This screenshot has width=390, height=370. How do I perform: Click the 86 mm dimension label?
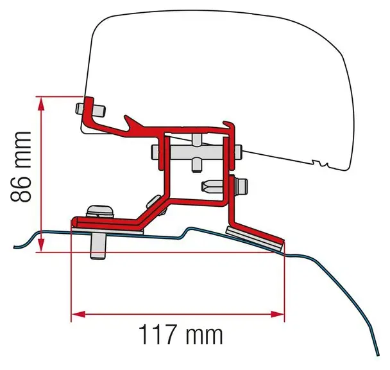click(21, 166)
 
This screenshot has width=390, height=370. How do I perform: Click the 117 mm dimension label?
click(180, 334)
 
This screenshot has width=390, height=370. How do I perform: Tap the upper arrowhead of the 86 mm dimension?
click(41, 103)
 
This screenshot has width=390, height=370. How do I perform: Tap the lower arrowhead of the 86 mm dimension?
click(41, 245)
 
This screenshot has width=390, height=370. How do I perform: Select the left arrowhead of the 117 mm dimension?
click(78, 314)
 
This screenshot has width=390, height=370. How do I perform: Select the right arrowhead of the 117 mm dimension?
click(277, 314)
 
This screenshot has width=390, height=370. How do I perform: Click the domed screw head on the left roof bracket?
click(99, 211)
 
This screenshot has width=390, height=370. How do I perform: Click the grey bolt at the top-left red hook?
click(90, 110)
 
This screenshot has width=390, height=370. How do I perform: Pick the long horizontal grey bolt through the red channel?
click(196, 152)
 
